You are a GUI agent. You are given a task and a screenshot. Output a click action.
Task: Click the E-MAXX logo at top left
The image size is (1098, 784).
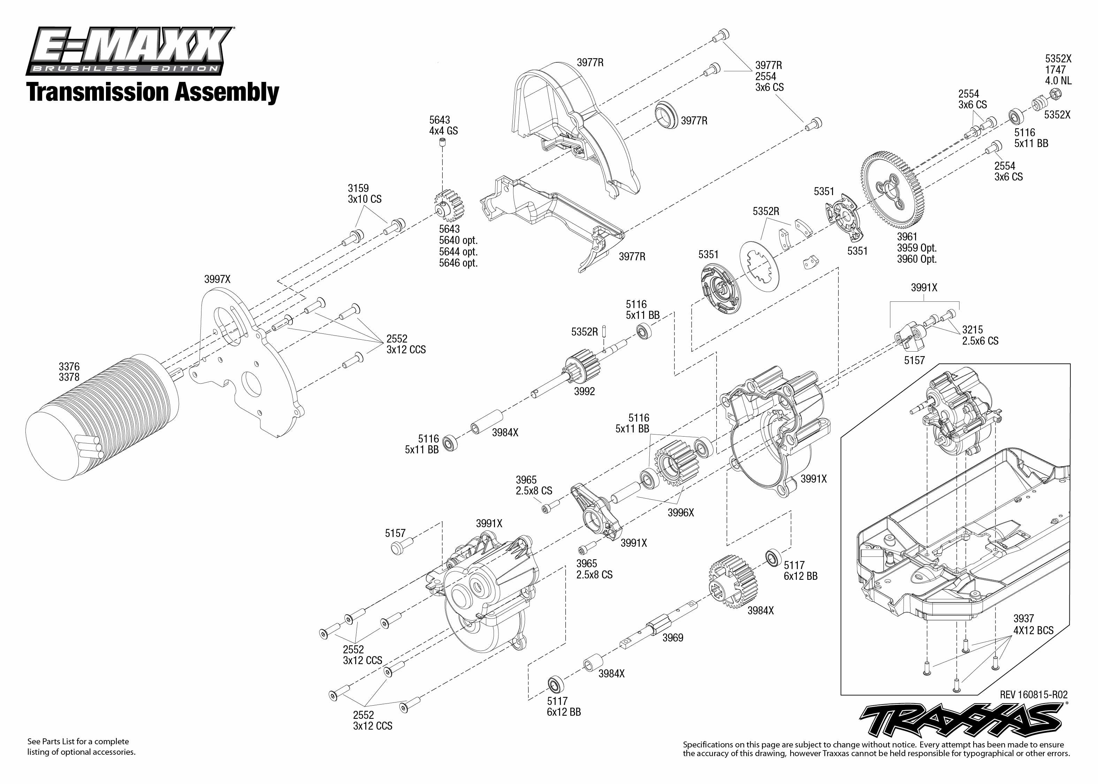click(129, 51)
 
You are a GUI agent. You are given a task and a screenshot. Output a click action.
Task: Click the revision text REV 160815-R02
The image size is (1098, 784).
click(1033, 695)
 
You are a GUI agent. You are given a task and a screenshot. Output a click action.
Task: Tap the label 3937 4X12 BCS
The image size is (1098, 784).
click(1033, 624)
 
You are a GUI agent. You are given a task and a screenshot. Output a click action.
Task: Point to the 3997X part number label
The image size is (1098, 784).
click(217, 279)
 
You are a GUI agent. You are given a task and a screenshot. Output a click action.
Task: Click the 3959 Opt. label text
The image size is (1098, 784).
click(916, 248)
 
